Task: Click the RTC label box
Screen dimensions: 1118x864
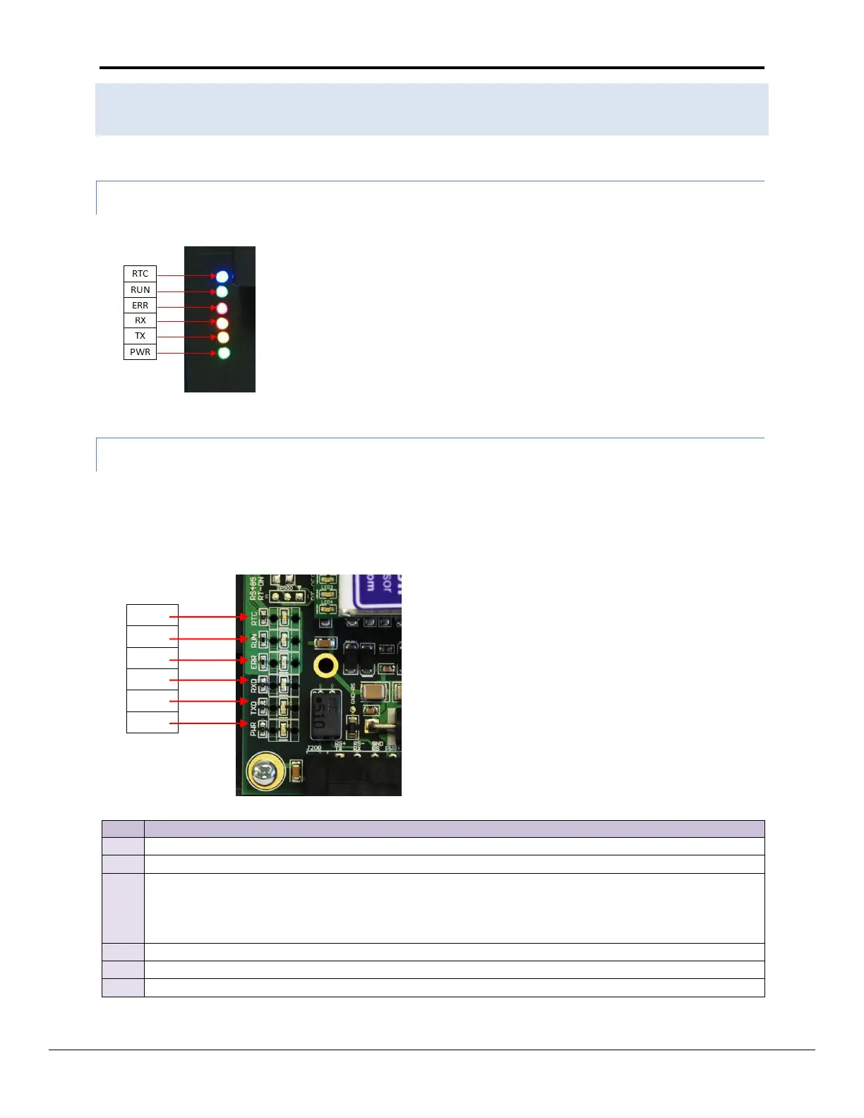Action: (140, 274)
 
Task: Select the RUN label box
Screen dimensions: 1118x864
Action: (140, 289)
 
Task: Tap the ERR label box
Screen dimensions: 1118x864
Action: (140, 305)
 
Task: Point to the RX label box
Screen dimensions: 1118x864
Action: (140, 320)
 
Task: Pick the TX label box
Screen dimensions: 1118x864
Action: (140, 336)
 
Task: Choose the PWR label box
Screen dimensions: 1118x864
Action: (140, 351)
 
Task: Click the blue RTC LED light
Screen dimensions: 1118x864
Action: (222, 276)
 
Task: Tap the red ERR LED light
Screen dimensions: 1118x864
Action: (222, 308)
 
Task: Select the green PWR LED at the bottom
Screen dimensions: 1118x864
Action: (224, 353)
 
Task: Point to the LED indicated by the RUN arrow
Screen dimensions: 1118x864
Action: (222, 291)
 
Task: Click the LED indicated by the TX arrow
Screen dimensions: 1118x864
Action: (223, 337)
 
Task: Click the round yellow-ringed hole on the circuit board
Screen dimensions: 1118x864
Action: (325, 665)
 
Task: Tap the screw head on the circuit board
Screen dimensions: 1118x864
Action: (265, 774)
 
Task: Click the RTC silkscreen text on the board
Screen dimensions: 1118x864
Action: (254, 618)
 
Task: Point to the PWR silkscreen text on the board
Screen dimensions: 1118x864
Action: (253, 727)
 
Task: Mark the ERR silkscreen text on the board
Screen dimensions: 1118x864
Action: (254, 663)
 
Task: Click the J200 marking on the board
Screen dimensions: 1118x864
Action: (314, 747)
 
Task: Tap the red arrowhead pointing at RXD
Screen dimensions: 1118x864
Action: (245, 680)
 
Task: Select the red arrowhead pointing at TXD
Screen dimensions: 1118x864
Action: (245, 702)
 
